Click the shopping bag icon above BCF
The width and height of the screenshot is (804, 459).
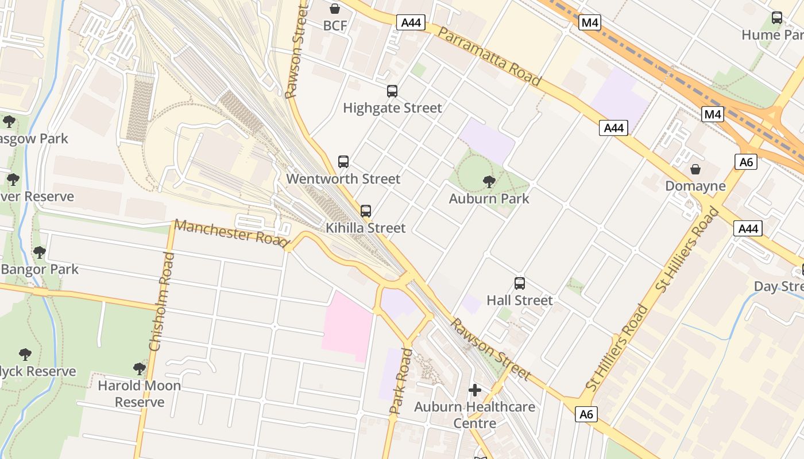click(335, 9)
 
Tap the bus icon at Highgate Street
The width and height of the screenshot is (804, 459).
click(392, 91)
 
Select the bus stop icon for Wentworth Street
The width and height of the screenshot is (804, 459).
click(343, 162)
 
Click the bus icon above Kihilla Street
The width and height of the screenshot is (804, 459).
click(366, 211)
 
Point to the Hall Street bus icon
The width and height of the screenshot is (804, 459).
click(520, 283)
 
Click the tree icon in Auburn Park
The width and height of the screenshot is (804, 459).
click(489, 182)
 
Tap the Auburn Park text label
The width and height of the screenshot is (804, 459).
click(489, 199)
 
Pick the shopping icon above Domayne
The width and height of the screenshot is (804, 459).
click(695, 169)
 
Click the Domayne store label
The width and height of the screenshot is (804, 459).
click(695, 186)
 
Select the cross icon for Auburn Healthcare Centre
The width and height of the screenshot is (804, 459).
click(475, 390)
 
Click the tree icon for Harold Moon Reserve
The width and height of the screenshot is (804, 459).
click(140, 368)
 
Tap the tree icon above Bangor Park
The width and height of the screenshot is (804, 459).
click(40, 252)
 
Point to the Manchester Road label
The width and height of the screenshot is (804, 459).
click(231, 233)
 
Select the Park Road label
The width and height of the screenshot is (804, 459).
click(401, 380)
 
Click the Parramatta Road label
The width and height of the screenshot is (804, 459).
click(489, 56)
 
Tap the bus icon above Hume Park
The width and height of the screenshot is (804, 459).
click(777, 18)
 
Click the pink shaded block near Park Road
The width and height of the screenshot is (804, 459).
click(347, 326)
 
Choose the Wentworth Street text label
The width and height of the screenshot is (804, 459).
click(343, 179)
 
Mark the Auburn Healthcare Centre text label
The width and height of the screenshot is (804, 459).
click(475, 415)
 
